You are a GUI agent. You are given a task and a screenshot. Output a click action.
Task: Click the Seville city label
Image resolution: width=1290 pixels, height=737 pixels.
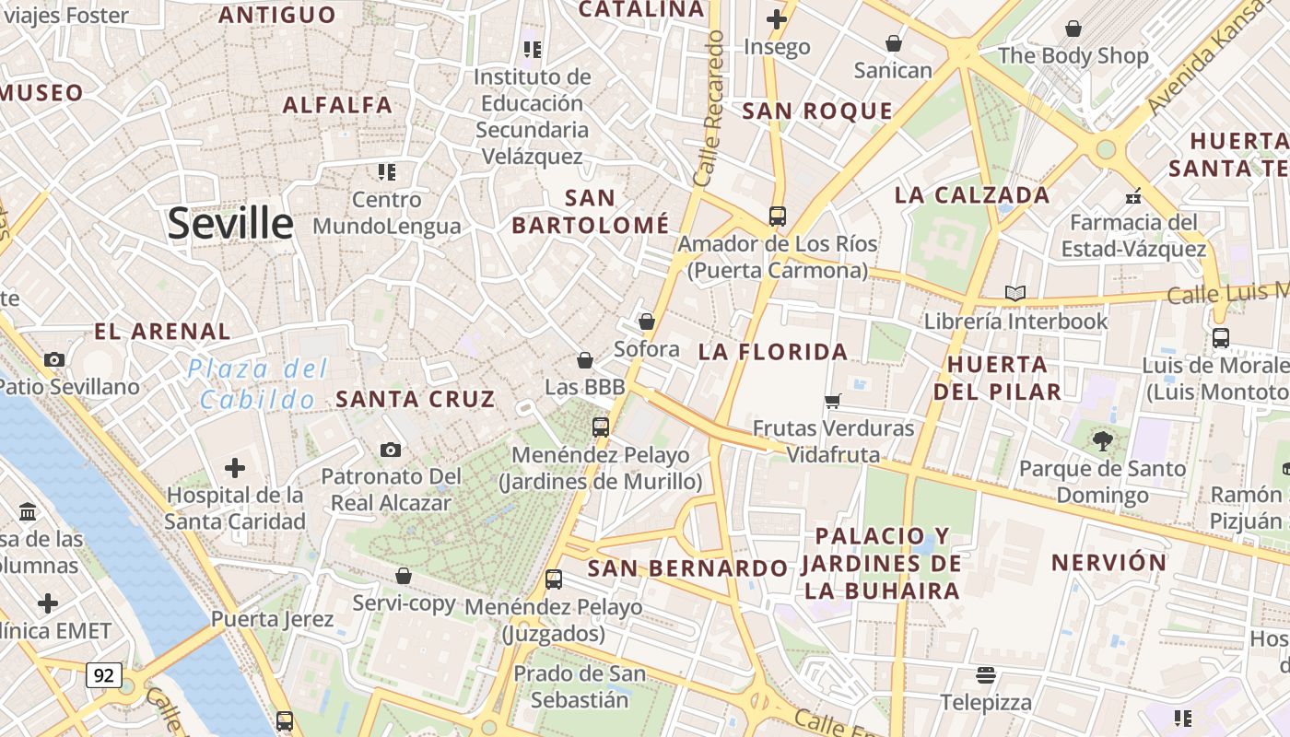click(230, 224)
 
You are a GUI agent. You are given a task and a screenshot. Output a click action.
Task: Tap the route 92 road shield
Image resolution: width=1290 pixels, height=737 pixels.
click(104, 675)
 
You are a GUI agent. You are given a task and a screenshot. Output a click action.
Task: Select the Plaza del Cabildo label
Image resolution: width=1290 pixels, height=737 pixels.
click(258, 384)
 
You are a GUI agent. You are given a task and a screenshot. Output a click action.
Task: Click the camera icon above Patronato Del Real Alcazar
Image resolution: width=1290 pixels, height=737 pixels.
click(391, 450)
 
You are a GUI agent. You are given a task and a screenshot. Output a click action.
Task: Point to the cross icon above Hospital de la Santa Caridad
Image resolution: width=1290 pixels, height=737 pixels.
click(235, 468)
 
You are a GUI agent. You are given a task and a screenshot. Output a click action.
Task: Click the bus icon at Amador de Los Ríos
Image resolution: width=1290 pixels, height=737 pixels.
click(778, 216)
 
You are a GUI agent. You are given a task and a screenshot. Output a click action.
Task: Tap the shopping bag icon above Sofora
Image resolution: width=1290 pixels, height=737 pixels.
click(647, 322)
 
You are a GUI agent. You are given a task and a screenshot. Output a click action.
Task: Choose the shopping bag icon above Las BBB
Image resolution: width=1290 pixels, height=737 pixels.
click(584, 359)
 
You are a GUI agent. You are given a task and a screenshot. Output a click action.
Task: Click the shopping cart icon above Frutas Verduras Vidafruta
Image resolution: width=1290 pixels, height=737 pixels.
click(833, 401)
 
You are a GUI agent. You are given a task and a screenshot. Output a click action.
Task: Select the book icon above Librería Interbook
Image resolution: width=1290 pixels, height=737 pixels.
click(1014, 294)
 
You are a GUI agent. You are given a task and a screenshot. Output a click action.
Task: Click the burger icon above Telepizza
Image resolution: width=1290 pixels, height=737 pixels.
click(986, 675)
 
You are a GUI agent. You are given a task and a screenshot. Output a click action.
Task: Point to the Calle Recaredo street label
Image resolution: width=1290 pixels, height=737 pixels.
click(710, 109)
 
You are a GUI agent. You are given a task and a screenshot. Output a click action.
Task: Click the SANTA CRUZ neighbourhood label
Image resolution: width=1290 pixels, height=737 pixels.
click(416, 399)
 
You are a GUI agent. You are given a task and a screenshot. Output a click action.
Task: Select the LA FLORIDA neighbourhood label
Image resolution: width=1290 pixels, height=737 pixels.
click(772, 351)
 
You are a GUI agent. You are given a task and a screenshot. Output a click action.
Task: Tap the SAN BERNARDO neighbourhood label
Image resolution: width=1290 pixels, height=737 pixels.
click(687, 567)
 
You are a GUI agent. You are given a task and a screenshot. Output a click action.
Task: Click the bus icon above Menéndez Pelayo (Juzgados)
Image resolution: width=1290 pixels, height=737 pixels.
click(554, 579)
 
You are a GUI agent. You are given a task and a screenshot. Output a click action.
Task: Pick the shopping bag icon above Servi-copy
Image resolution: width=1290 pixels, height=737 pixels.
click(403, 576)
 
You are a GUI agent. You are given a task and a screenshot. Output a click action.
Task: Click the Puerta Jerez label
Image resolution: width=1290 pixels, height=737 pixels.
click(272, 618)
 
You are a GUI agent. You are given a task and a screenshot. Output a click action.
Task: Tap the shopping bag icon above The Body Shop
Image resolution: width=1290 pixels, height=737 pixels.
click(1073, 29)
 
